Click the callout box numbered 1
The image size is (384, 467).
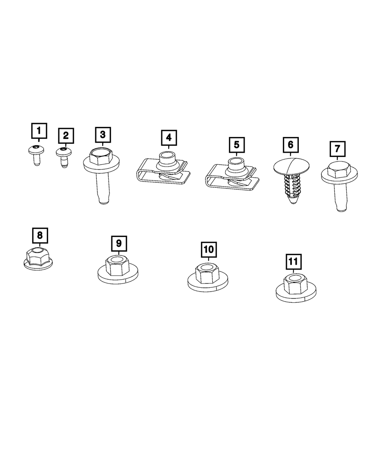click(39, 131)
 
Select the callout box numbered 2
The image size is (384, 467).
click(66, 135)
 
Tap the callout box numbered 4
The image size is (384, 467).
click(169, 138)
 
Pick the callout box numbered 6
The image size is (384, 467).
click(290, 145)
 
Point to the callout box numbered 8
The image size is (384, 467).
click(40, 235)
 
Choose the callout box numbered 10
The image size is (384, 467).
click(209, 249)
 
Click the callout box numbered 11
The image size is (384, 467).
click(294, 262)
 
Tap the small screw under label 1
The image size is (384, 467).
click(36, 155)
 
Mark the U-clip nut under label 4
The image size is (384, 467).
click(163, 168)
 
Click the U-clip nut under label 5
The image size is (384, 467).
click(232, 175)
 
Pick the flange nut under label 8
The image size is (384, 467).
click(38, 259)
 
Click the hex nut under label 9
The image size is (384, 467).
click(118, 267)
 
